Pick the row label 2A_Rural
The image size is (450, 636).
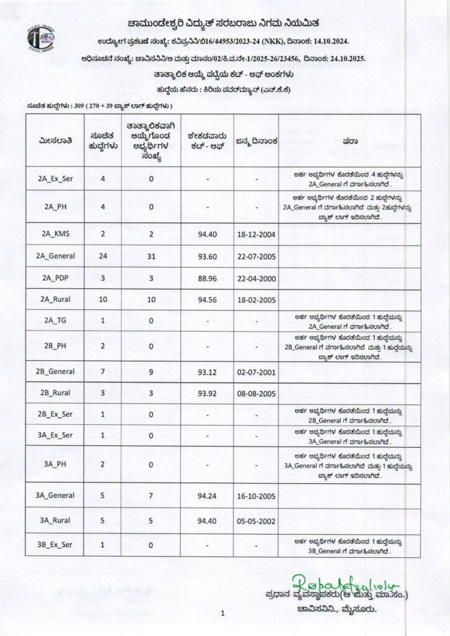click(x=56, y=299)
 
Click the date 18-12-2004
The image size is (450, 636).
click(x=255, y=235)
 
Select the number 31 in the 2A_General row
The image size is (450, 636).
click(x=152, y=256)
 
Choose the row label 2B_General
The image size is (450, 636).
click(x=56, y=371)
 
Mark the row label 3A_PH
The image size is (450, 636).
click(x=56, y=465)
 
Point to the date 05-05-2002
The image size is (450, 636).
click(x=255, y=520)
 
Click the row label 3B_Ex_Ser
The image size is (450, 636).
click(x=56, y=545)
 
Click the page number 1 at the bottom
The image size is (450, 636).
click(x=222, y=614)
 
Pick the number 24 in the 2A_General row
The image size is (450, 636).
click(x=103, y=256)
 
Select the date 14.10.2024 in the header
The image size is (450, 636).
click(x=328, y=42)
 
